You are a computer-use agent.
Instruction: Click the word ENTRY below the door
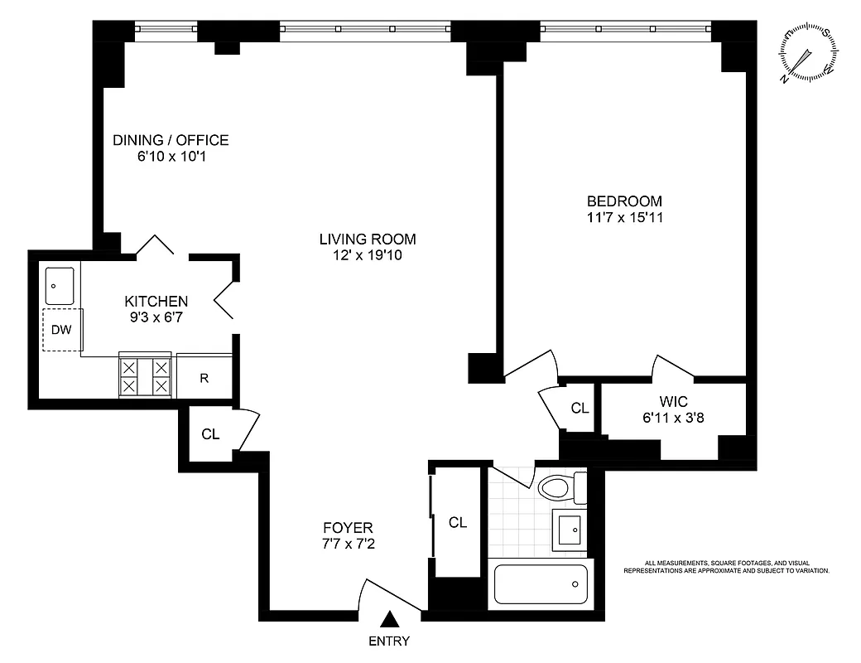(389, 641)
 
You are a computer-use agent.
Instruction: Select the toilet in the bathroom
(556, 486)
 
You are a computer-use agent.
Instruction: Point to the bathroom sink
(570, 528)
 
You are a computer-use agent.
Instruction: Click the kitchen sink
(59, 285)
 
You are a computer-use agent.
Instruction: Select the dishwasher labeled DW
(61, 329)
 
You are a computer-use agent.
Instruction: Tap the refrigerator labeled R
(204, 378)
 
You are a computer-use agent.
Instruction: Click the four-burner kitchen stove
(146, 376)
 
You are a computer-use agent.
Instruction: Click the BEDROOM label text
(624, 201)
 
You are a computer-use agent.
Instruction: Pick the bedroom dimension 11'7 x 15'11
(624, 218)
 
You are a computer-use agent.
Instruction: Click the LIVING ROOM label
(368, 240)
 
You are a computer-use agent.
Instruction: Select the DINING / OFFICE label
(171, 140)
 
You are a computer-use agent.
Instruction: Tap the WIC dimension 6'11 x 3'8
(673, 418)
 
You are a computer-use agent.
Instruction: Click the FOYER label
(348, 527)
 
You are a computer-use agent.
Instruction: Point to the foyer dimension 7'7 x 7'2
(348, 544)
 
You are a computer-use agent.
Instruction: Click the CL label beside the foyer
(458, 522)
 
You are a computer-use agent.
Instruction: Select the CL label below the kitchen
(211, 433)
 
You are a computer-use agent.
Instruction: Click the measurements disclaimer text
(725, 567)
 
